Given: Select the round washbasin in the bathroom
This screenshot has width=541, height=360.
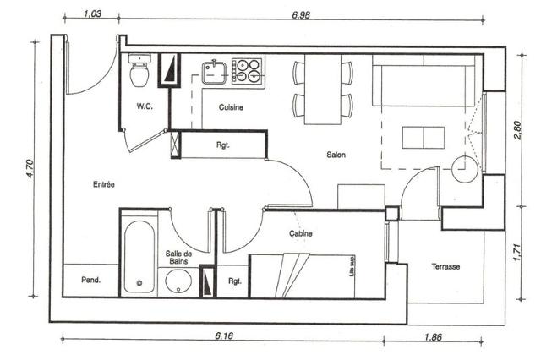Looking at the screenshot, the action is point(178,281).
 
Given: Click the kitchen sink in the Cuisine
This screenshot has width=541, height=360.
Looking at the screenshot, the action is point(214,72).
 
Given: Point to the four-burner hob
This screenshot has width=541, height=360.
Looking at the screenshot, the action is point(247,70).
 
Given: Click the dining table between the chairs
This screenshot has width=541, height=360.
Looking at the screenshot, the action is point(323,89).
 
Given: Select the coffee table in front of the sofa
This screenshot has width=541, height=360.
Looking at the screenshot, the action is point(424,138).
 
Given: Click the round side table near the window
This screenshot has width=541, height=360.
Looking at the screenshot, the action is point(465,169).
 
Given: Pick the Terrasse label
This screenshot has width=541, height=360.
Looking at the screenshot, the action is point(445,266).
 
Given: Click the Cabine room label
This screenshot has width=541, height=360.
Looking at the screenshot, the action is point(301,233).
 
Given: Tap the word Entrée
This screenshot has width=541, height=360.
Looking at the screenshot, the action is point(103,184).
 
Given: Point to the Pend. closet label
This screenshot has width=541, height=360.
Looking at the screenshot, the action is point(90,280).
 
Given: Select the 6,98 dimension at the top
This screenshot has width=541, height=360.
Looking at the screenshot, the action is point(301,15).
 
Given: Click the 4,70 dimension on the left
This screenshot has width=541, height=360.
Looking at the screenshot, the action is point(30,168).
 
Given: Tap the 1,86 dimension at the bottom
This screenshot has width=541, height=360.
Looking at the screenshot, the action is point(433,337).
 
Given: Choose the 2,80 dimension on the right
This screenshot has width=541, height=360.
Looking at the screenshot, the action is point(518,129).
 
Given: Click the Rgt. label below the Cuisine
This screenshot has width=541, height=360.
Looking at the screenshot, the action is point(223,145).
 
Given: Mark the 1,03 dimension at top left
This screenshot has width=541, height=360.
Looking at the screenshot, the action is point(93,14).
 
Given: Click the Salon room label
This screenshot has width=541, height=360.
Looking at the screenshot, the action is point(336,155).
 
